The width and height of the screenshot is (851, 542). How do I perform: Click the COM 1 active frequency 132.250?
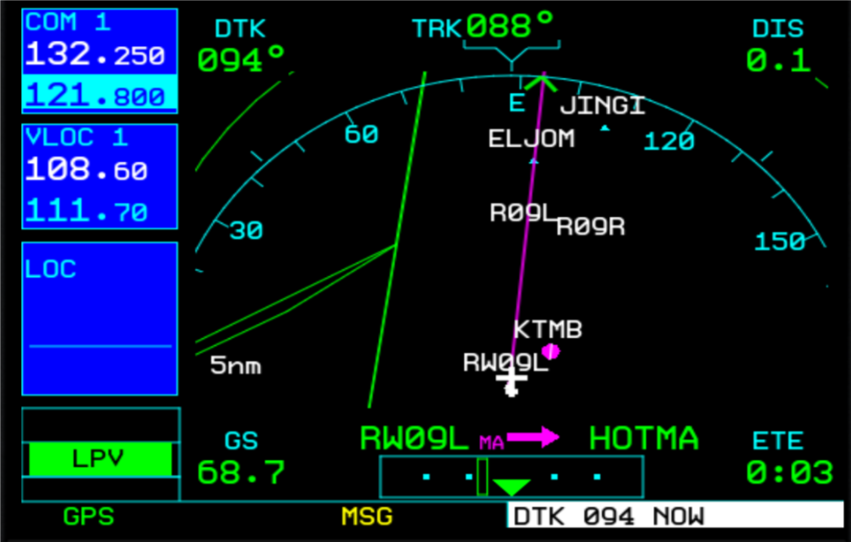(95, 56)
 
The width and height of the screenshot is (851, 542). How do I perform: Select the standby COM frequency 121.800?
(95, 95)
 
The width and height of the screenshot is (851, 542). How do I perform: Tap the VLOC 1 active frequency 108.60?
(87, 171)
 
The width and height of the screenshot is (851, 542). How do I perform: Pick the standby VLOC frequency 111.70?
(87, 210)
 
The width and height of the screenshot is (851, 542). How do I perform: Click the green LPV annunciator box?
(100, 459)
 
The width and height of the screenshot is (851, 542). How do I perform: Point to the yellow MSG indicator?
(367, 516)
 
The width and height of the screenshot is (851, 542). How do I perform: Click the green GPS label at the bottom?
(88, 516)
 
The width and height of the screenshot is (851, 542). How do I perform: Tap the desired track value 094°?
(241, 60)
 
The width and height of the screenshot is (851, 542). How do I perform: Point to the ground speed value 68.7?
(241, 472)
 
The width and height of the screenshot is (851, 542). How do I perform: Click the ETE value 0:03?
(790, 472)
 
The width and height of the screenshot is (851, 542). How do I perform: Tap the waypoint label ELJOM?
(532, 138)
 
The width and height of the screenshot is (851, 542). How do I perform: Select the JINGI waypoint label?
(602, 106)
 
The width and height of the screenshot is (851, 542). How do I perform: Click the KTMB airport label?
(548, 330)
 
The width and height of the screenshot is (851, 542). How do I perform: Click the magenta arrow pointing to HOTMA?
(534, 438)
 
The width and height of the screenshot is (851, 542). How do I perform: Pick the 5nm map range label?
(236, 367)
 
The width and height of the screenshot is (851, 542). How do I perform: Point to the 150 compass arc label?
(780, 242)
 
